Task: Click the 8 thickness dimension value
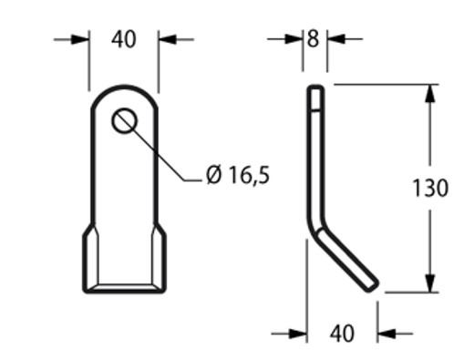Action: [x=314, y=39]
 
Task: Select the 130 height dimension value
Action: [x=429, y=189]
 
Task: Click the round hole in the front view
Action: [x=125, y=120]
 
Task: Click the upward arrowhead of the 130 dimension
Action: [x=429, y=92]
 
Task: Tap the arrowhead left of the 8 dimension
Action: [x=296, y=39]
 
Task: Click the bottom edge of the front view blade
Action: [x=125, y=292]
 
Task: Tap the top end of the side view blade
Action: [x=314, y=88]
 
